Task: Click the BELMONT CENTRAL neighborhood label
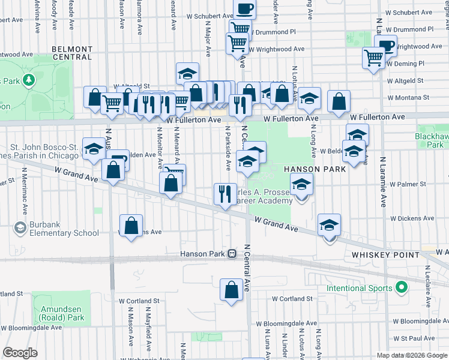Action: click(x=71, y=53)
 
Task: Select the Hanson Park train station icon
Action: click(x=232, y=254)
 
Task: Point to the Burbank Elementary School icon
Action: click(x=20, y=227)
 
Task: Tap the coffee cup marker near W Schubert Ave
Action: click(x=244, y=9)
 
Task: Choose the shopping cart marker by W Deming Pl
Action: click(x=373, y=58)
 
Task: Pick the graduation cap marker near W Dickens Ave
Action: click(x=329, y=224)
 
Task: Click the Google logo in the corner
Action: click(x=20, y=353)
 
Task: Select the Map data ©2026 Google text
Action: click(x=411, y=355)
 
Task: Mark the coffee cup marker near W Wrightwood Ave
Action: click(x=385, y=46)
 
